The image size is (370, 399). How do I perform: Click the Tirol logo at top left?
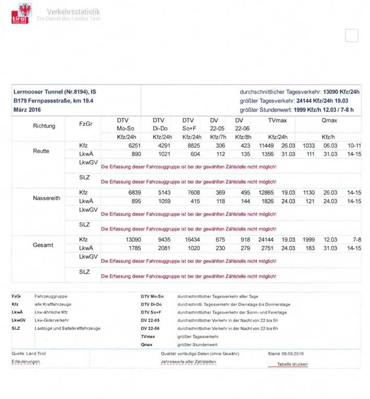click(22, 13)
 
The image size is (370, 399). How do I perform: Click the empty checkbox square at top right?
click(352, 35)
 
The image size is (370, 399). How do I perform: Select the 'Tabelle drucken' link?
click(292, 364)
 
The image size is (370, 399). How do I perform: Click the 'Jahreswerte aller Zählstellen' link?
click(188, 361)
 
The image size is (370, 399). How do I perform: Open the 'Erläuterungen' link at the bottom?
click(26, 361)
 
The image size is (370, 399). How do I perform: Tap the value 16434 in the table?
click(189, 240)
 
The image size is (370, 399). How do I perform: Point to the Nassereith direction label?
click(47, 198)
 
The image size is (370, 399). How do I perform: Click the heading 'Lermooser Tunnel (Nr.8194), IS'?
click(54, 91)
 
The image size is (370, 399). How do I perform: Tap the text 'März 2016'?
click(28, 110)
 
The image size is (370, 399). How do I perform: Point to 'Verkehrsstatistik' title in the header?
click(74, 11)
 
